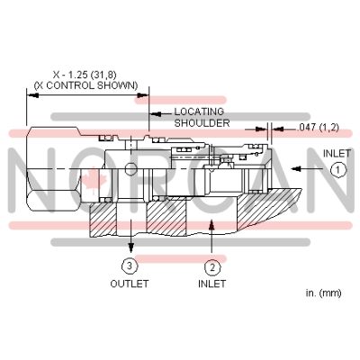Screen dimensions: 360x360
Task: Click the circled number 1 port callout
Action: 337,169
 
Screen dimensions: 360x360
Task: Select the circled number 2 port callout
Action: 211,265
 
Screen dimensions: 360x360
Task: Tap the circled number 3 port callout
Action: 131,265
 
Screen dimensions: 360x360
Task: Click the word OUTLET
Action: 130,283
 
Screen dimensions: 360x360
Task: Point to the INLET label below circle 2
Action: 211,283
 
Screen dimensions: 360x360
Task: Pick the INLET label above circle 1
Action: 337,153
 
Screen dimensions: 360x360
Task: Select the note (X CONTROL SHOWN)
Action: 85,85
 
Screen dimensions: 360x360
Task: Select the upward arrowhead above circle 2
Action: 211,229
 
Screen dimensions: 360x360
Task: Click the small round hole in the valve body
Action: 130,170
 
